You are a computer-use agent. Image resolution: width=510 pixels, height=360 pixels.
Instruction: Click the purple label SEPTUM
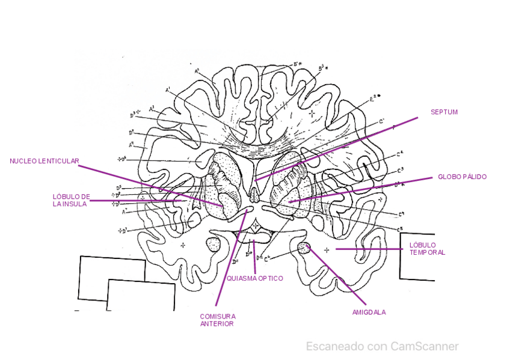point(444,112)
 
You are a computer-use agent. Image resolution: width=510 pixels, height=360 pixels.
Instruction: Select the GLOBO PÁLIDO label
point(462,177)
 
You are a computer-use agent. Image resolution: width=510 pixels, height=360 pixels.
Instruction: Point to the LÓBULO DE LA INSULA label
point(71,200)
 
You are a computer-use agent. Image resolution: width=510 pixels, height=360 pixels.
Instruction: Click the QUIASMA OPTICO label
point(254,279)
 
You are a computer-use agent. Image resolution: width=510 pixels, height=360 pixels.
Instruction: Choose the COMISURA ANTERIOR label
point(217,320)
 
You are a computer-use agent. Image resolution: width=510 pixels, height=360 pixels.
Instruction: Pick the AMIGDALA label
point(369,313)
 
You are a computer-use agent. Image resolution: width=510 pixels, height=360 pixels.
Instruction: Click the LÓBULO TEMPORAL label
point(427,249)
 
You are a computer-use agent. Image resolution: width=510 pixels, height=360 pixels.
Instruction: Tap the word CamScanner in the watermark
point(424,346)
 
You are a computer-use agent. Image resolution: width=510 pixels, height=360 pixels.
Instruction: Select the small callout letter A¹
point(168,90)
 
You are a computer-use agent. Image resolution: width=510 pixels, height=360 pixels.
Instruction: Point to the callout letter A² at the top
point(197,71)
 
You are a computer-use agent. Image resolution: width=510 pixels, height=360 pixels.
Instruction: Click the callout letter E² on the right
point(373,99)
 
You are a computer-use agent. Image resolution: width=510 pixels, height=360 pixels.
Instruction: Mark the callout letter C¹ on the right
point(381,122)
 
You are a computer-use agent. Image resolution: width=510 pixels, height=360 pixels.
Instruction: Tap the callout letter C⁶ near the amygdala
point(267,258)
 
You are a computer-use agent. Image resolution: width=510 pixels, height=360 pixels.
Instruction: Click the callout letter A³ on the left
point(152,108)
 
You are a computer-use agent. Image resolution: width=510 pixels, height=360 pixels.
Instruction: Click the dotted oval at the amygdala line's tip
point(304,247)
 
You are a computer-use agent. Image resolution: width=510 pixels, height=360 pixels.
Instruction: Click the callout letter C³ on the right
point(400,170)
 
